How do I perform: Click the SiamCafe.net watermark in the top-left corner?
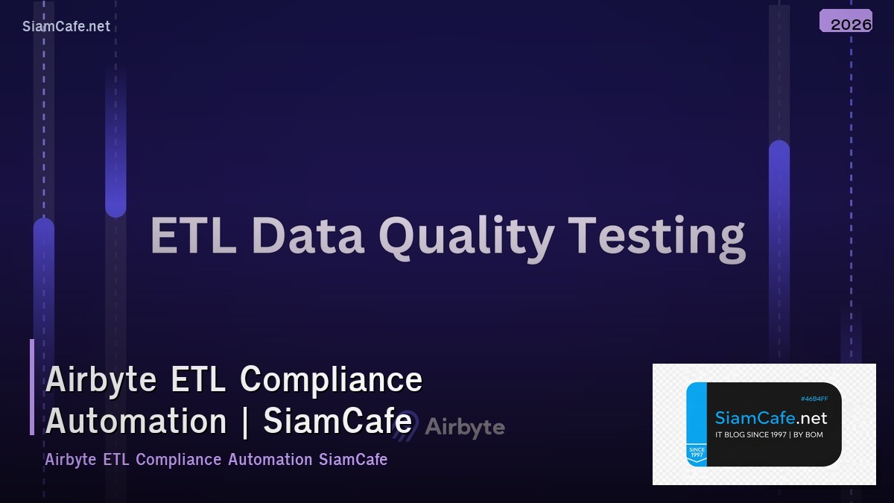pos(66,27)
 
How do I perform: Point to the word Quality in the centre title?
pos(466,237)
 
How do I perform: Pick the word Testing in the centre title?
pos(657,237)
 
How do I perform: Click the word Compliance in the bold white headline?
pos(331,380)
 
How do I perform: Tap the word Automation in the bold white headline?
pos(136,422)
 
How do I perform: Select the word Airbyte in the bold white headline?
pos(101,380)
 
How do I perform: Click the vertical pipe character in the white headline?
pos(245,422)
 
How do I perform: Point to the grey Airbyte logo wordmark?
pos(464,428)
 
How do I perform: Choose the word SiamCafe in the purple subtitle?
pos(353,459)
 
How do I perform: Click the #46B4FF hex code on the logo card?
pos(814,399)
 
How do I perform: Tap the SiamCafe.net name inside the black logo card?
pos(770,418)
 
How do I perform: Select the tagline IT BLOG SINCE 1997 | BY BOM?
pos(769,434)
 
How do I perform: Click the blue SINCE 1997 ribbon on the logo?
pos(697,454)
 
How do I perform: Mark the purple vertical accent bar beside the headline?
pos(32,387)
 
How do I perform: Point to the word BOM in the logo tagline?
pos(814,434)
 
